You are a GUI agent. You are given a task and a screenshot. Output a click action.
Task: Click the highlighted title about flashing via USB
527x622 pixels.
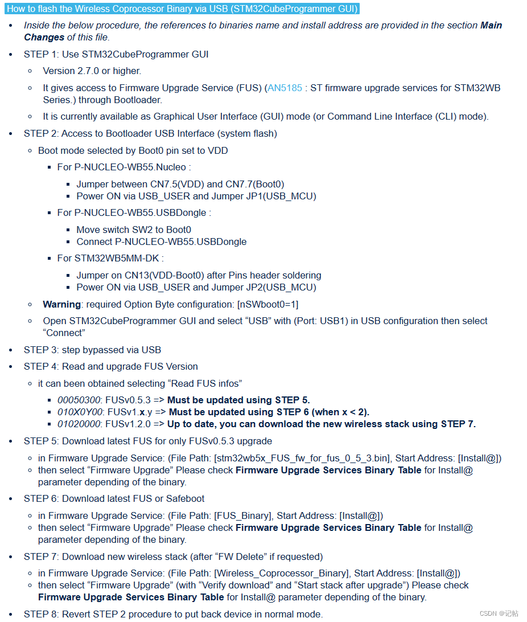182,9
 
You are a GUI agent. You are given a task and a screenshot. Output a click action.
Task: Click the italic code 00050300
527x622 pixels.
79,400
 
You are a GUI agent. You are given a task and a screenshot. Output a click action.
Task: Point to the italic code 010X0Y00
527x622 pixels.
80,412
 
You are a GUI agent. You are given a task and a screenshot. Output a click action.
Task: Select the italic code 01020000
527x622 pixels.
79,424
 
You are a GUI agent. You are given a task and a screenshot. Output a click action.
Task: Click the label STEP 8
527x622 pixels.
40,614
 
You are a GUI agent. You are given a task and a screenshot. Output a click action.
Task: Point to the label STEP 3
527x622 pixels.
40,350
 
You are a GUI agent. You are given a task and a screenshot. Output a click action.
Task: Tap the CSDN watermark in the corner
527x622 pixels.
499,613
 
